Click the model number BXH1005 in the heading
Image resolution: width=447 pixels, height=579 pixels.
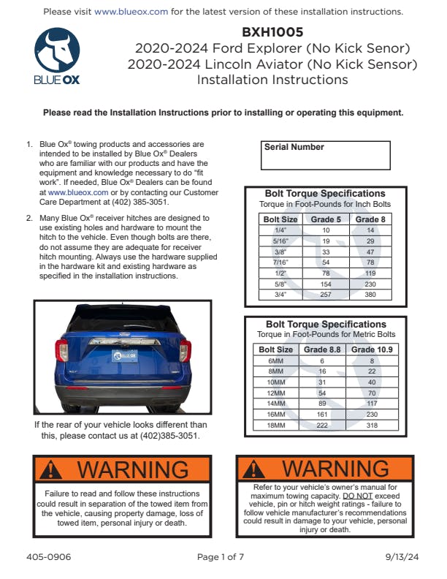click(272, 32)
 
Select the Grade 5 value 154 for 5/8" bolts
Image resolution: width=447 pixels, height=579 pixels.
click(326, 284)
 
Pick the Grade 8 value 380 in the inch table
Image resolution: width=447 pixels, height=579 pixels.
click(371, 295)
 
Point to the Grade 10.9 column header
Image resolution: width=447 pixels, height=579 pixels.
click(372, 349)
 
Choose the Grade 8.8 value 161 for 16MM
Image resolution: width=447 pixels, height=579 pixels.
click(321, 414)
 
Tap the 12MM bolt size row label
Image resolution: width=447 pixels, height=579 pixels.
click(276, 393)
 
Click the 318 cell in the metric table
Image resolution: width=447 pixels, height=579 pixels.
click(372, 425)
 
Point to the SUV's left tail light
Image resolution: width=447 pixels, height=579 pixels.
click(64, 350)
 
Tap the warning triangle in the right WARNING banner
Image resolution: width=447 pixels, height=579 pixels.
click(256, 468)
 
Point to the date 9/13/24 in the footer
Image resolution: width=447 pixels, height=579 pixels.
click(402, 557)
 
